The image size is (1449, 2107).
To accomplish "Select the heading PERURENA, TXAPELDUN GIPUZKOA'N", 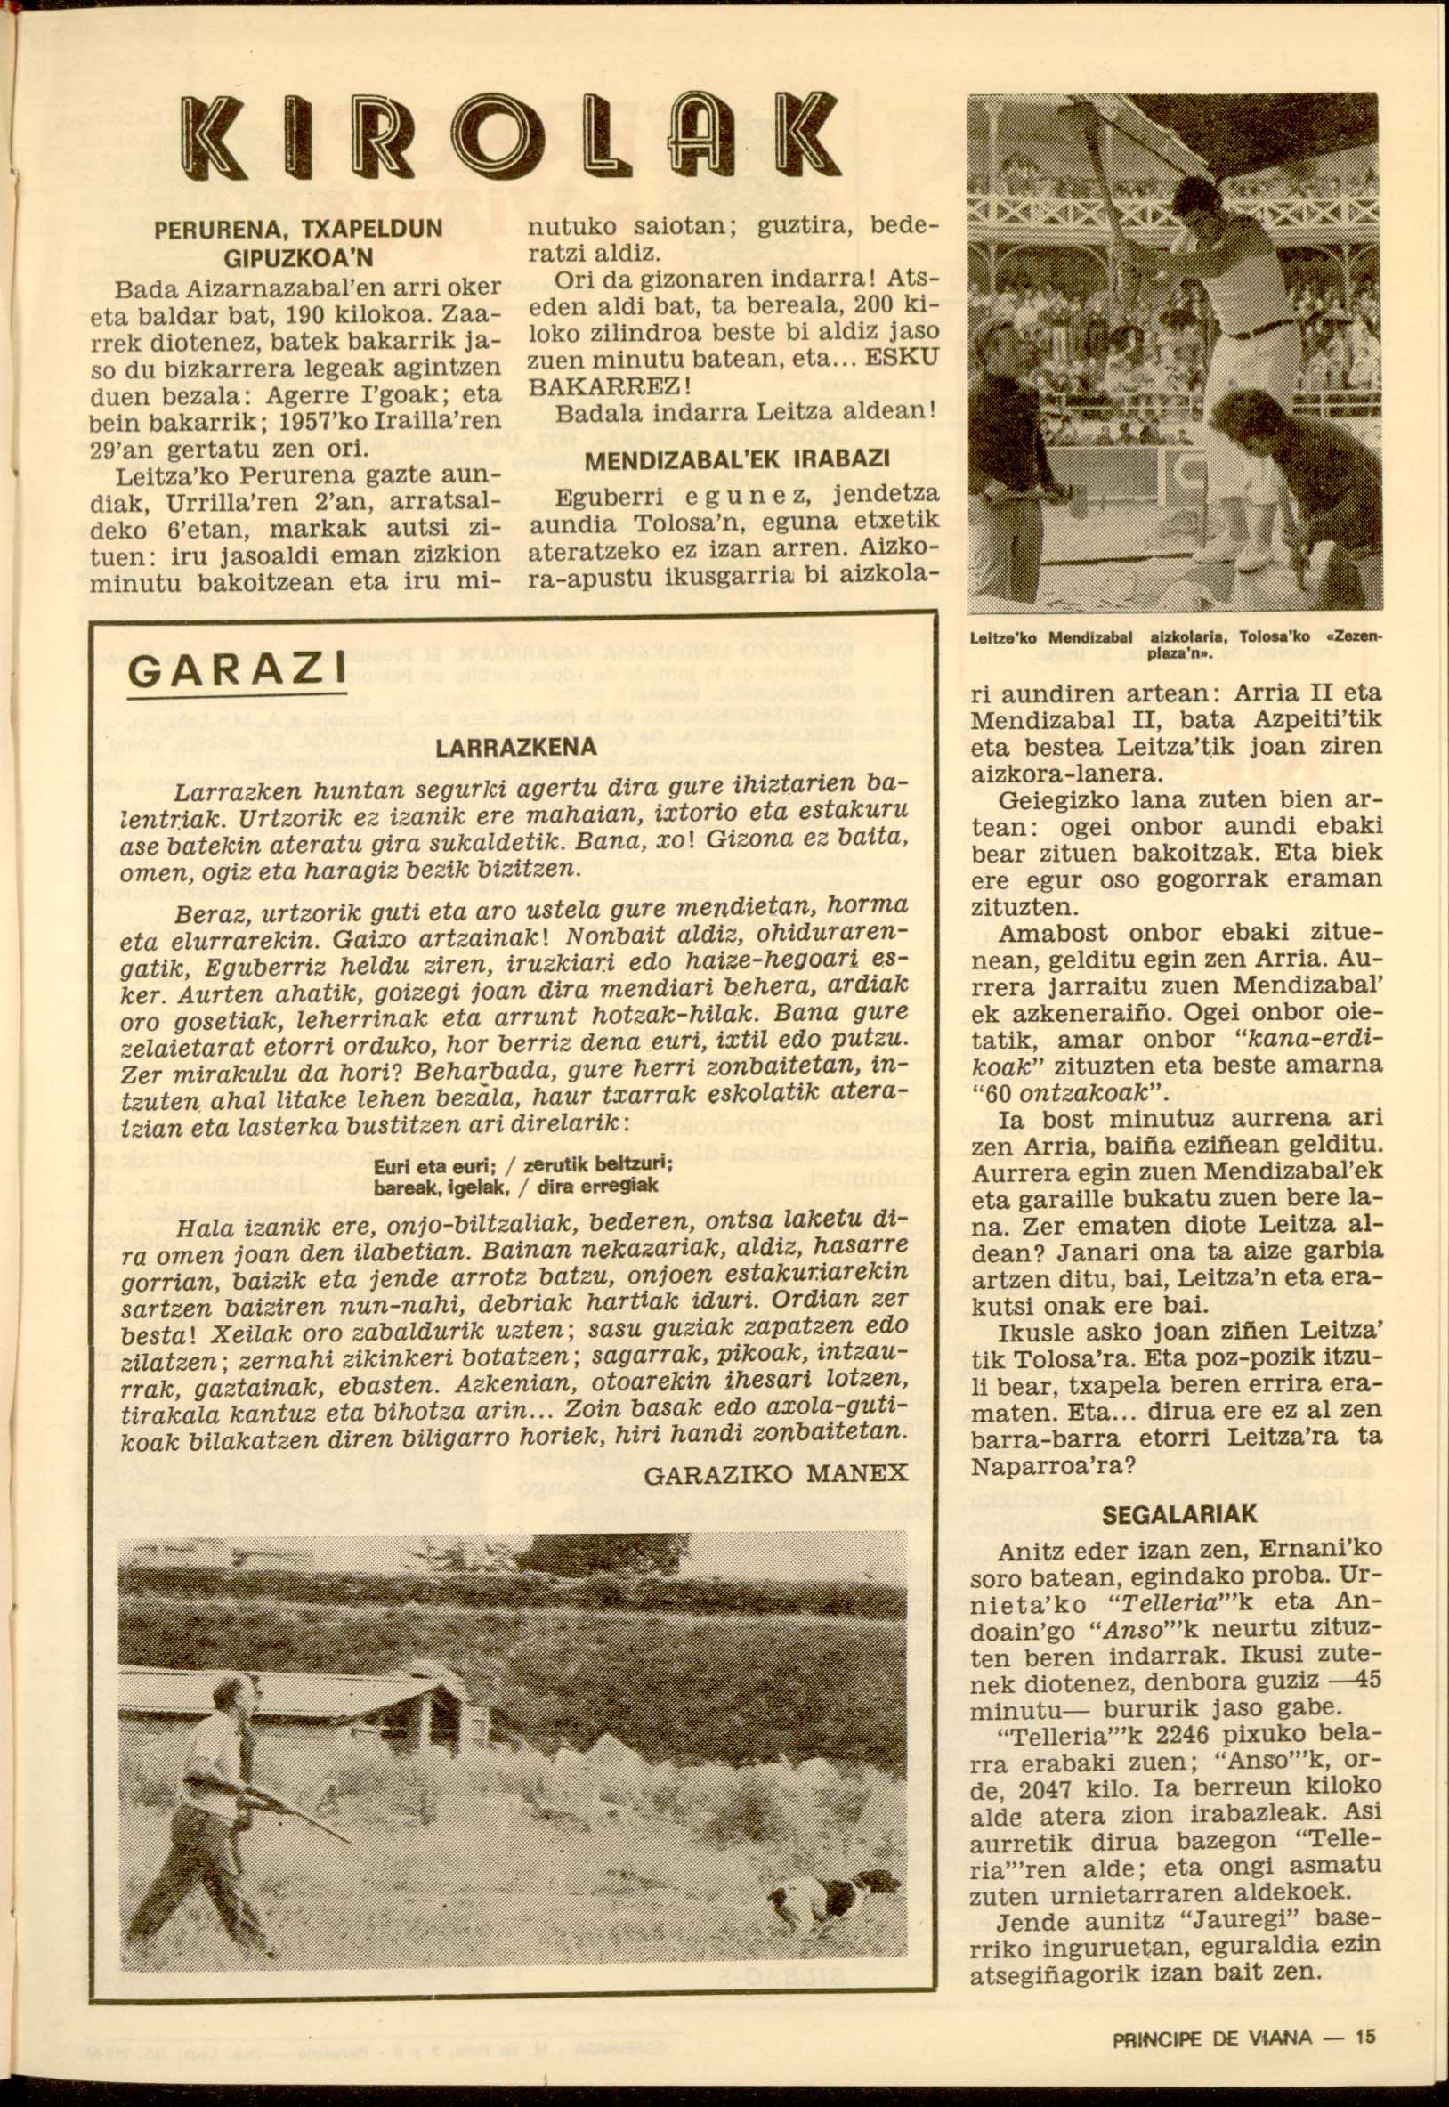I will pos(298,242).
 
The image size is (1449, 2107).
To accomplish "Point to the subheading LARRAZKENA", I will pos(514,747).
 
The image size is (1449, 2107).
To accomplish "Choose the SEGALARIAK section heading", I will pos(1179,1513).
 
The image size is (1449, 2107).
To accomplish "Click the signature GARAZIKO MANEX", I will pos(775,1472).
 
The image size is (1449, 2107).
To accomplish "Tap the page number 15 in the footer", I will pos(1365,2011).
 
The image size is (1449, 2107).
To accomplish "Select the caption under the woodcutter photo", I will pos(1176,646).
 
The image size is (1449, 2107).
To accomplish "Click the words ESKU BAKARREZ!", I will pos(732,371).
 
